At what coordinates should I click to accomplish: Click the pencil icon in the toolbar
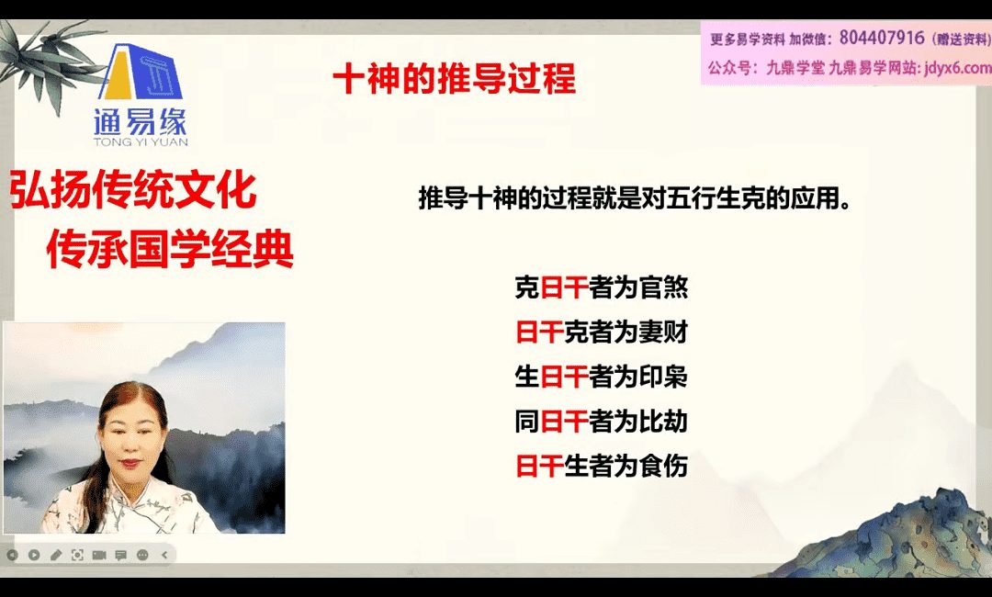[56, 555]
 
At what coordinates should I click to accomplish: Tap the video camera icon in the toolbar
[98, 555]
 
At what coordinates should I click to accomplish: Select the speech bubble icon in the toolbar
[121, 555]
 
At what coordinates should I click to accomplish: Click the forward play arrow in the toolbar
[34, 555]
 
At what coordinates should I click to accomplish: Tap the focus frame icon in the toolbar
[77, 555]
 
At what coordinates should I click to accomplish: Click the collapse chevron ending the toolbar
[164, 555]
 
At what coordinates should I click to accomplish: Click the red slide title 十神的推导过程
[455, 78]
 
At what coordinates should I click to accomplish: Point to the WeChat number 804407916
[881, 38]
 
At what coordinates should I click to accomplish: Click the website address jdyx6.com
[957, 67]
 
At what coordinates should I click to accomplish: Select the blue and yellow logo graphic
[141, 71]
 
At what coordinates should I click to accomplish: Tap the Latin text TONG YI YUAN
[141, 141]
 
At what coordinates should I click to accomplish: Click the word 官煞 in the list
[663, 287]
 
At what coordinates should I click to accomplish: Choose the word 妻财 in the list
[663, 332]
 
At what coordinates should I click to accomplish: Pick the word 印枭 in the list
[663, 377]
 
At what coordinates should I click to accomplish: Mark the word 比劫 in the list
[663, 422]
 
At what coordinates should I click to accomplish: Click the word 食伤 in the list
[663, 466]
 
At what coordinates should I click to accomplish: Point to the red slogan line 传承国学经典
[170, 248]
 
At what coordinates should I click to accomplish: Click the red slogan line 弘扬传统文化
[133, 189]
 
